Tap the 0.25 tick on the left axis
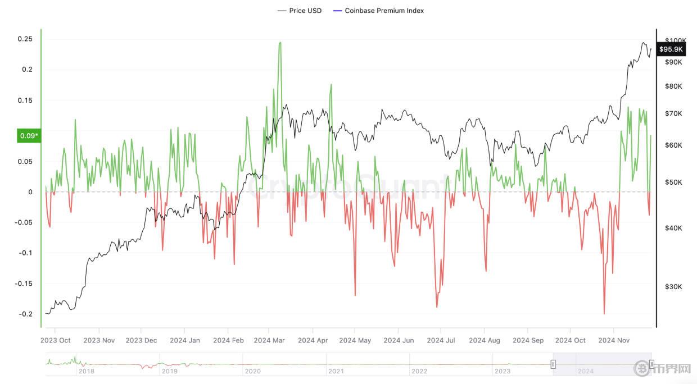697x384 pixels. [x=25, y=39]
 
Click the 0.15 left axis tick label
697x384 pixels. [x=25, y=100]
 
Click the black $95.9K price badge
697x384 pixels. [x=671, y=49]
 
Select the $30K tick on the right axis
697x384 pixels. [x=673, y=287]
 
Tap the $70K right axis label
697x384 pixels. [x=673, y=113]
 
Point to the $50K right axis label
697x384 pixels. [x=673, y=182]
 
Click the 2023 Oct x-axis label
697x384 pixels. [x=56, y=340]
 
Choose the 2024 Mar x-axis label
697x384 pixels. [x=270, y=340]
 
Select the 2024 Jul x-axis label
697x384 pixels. [x=441, y=340]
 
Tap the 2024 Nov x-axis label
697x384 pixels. [x=614, y=340]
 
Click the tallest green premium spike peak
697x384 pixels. [x=280, y=43]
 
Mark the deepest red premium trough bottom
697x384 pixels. [x=604, y=313]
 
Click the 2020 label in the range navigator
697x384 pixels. [x=253, y=371]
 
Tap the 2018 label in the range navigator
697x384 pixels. [x=86, y=371]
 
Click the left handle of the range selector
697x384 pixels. [x=553, y=364]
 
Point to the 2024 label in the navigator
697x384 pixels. [x=586, y=371]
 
